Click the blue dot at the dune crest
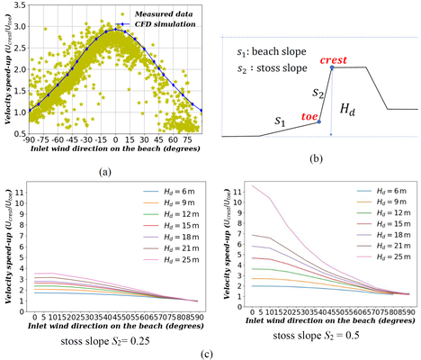(x=332, y=67)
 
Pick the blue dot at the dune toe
(x=319, y=121)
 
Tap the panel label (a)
(x=105, y=170)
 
